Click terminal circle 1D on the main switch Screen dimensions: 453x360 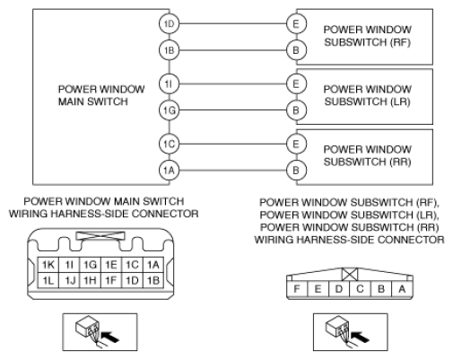pyautogui.click(x=169, y=23)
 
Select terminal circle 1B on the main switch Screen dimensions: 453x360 pyautogui.click(x=169, y=50)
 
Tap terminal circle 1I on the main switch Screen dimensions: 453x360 pyautogui.click(x=169, y=83)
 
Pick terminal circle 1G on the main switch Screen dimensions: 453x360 pyautogui.click(x=169, y=110)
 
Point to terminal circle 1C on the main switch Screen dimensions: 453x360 pyautogui.click(x=169, y=144)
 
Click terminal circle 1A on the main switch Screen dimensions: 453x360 pyautogui.click(x=169, y=171)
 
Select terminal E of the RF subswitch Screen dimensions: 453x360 pyautogui.click(x=296, y=23)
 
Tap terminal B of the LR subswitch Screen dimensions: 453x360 pyautogui.click(x=296, y=110)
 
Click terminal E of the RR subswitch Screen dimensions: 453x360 pyautogui.click(x=296, y=144)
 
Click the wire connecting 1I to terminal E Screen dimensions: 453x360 pyautogui.click(x=232, y=83)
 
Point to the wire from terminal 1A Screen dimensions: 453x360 pyautogui.click(x=232, y=171)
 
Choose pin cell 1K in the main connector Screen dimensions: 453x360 pyautogui.click(x=48, y=265)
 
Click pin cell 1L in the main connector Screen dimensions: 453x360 pyautogui.click(x=48, y=280)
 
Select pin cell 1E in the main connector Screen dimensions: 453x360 pyautogui.click(x=111, y=265)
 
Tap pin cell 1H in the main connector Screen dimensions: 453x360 pyautogui.click(x=90, y=280)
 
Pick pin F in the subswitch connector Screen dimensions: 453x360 pyautogui.click(x=297, y=289)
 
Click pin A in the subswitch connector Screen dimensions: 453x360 pyautogui.click(x=402, y=289)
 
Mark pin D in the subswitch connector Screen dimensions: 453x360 pyautogui.click(x=339, y=289)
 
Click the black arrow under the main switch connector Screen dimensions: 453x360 pyautogui.click(x=110, y=337)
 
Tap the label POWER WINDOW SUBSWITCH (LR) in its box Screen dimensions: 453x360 pyautogui.click(x=368, y=95)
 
